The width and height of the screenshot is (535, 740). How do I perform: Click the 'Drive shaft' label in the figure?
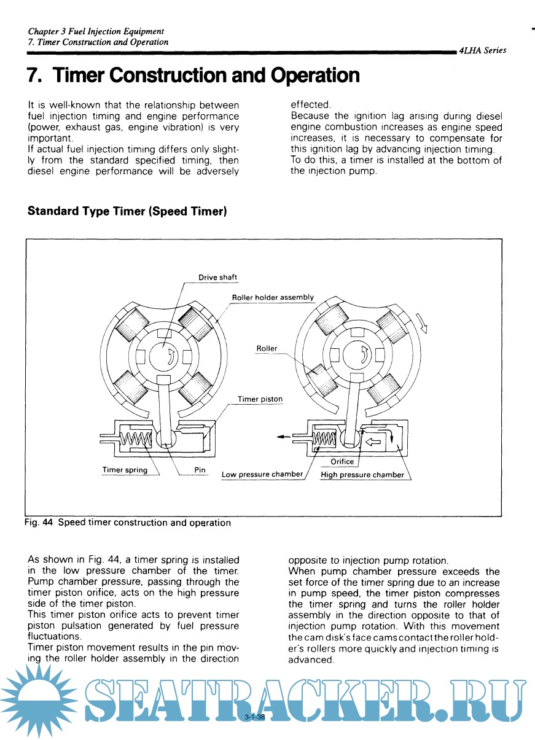(217, 278)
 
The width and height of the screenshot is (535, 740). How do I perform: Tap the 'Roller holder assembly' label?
(273, 297)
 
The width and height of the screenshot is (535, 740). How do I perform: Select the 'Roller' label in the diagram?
(267, 348)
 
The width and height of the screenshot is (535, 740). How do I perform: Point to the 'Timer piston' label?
(260, 399)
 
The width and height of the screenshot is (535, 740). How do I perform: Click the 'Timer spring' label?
(125, 470)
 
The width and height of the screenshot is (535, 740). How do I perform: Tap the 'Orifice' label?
(342, 461)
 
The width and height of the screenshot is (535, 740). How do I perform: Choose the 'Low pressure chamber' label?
(262, 474)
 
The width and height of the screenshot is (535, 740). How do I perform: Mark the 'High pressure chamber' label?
(362, 475)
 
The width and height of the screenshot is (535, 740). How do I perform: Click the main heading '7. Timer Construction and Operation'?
(193, 76)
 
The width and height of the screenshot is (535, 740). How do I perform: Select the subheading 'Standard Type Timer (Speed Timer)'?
(128, 211)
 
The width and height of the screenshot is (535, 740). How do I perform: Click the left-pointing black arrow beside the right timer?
(284, 437)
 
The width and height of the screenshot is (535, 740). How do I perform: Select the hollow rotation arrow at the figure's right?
(423, 322)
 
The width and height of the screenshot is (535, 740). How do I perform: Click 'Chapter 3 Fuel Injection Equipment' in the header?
(96, 31)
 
